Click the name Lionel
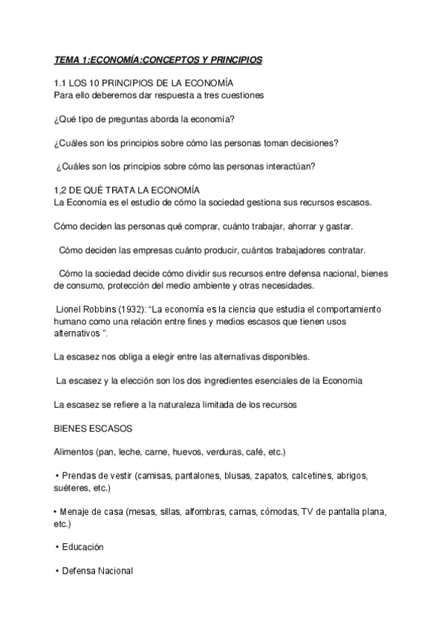72,308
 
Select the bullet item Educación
83,547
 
